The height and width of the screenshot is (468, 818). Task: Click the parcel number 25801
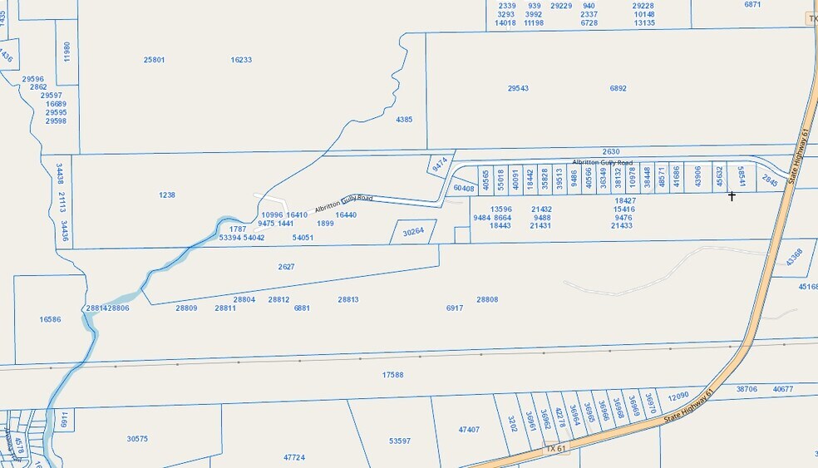[154, 60]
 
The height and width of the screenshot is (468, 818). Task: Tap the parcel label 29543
[518, 88]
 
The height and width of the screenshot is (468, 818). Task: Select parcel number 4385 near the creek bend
[404, 120]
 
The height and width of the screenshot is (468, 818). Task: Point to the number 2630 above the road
[611, 151]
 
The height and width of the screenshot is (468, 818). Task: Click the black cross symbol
[732, 196]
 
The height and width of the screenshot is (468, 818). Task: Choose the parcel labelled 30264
[413, 232]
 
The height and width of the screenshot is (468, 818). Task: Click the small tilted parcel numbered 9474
[439, 165]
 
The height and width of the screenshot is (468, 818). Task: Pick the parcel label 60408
[463, 189]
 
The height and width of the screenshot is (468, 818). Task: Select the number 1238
[166, 195]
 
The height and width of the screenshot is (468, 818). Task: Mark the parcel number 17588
[392, 375]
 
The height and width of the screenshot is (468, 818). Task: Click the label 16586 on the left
[50, 319]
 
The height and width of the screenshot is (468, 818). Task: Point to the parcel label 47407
[469, 430]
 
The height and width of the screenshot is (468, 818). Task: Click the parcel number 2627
[287, 267]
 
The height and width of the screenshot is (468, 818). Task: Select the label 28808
[487, 299]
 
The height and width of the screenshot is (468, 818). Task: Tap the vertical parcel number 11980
[67, 52]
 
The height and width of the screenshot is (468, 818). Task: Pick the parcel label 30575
[137, 439]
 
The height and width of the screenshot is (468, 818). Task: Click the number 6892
[618, 88]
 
